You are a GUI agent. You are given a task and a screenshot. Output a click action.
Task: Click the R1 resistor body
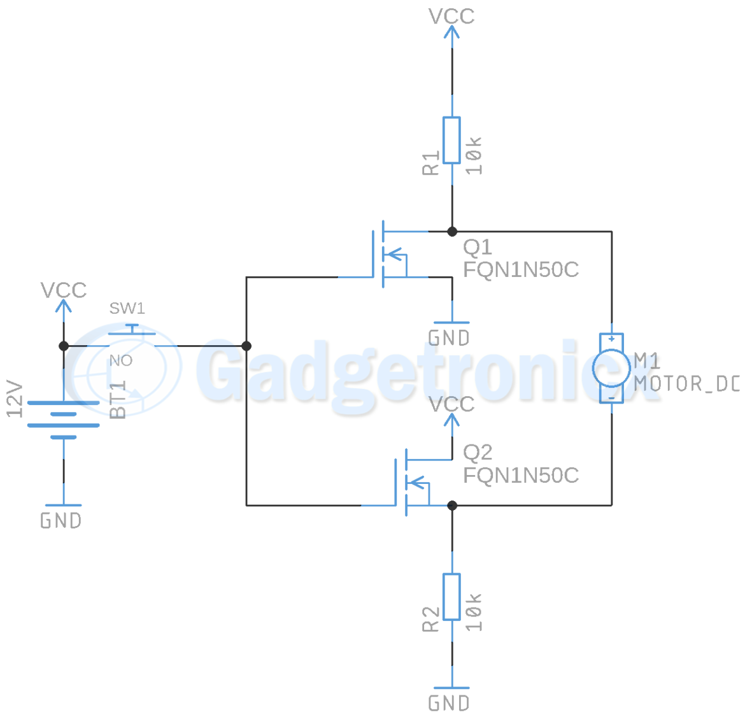pos(451,140)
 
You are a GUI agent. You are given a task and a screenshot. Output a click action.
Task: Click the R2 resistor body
pos(451,597)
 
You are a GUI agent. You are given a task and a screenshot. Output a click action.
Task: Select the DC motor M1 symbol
pos(611,368)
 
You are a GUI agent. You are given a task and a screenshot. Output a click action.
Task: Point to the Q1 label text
pos(478,247)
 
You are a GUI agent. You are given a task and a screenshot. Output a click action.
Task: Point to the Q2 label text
pos(478,453)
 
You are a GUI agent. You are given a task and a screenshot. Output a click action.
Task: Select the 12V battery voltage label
pos(15,399)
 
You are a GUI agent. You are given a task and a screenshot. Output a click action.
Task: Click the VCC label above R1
pos(451,17)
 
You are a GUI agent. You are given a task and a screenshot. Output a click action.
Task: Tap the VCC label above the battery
pos(64,290)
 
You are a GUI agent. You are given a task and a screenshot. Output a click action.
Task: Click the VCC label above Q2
pos(451,404)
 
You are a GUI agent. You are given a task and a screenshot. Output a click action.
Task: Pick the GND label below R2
pos(449,703)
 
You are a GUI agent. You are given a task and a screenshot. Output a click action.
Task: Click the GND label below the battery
pos(61,521)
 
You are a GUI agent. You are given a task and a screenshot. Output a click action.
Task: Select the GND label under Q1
pos(449,338)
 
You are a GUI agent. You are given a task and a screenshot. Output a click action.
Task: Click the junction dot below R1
pos(452,232)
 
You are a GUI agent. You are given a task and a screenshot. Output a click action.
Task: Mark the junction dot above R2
pos(452,506)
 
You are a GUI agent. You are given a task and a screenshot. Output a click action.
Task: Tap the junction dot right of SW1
pos(246,346)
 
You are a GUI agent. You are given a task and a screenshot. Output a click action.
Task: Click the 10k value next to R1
pos(474,156)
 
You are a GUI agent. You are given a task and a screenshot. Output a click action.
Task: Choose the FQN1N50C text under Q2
pos(521,476)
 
